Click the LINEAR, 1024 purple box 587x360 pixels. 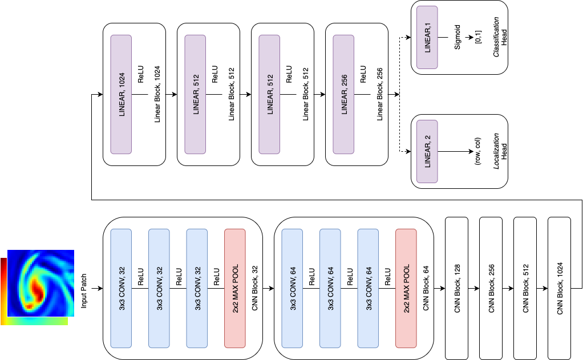point(121,94)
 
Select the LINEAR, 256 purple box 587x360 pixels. point(343,94)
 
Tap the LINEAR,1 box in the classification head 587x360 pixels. point(427,38)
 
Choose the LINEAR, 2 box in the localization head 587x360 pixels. point(427,151)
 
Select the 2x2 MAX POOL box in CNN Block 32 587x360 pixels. point(235,288)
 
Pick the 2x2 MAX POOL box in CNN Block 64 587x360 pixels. point(406,288)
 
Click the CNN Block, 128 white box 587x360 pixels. point(456,288)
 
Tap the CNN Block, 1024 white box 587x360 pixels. point(559,288)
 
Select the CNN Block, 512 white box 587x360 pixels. point(525,288)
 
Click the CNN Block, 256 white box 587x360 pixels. point(491,288)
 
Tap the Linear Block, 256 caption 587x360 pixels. point(379,94)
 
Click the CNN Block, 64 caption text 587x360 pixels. point(426,288)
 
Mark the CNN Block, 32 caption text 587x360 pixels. point(254,288)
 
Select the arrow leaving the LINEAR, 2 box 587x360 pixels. point(456,151)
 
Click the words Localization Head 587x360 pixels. point(500,151)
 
